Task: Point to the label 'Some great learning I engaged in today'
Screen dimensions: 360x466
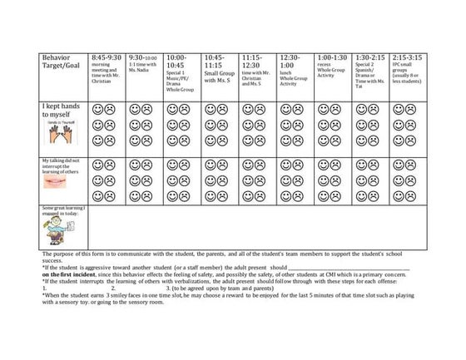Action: pos(62,210)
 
